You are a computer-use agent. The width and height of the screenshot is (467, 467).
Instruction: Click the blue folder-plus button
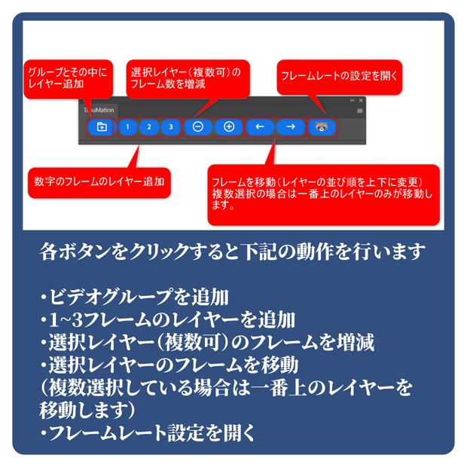coord(101,127)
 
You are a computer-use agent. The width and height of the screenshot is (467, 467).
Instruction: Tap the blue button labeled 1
coord(127,127)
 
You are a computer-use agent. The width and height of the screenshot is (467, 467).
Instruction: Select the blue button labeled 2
coord(149,127)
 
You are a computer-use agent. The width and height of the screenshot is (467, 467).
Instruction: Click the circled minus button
coord(198,127)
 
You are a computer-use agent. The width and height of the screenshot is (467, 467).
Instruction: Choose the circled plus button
coord(229,127)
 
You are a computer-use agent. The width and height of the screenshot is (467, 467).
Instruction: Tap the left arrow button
coord(260,127)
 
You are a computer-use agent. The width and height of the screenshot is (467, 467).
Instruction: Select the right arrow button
coord(291,127)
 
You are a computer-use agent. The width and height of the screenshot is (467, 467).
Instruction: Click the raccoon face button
coord(322,127)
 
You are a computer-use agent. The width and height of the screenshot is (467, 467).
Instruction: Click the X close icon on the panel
coord(361,100)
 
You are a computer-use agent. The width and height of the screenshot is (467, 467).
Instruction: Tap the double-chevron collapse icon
coord(353,100)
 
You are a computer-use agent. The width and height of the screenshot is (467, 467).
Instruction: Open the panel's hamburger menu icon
coord(360,111)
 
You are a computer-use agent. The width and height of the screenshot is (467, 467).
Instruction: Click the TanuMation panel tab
coord(99,110)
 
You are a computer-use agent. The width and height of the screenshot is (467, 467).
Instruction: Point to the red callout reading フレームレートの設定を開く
coord(340,77)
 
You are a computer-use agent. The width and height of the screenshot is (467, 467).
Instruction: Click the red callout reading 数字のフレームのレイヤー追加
coord(99,182)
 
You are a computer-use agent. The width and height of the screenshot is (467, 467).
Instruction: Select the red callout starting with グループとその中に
coord(69,79)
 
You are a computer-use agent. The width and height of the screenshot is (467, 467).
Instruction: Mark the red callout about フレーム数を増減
coord(188,79)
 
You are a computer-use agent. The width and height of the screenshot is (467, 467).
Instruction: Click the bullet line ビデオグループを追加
coord(134,297)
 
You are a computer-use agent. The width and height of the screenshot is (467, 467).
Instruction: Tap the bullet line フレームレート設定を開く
coord(148,433)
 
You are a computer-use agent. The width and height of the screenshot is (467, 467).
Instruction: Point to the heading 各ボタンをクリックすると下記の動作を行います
coord(233,252)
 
